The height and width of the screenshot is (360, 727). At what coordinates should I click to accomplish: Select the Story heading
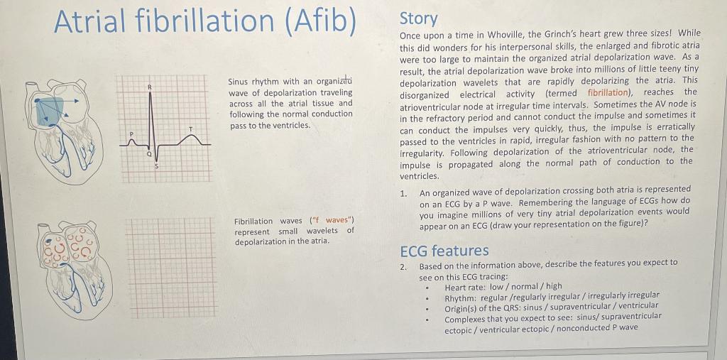pyautogui.click(x=419, y=18)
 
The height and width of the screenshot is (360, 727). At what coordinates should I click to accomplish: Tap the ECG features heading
pyautogui.click(x=444, y=251)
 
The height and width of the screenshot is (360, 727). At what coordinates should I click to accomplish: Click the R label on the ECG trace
pyautogui.click(x=150, y=86)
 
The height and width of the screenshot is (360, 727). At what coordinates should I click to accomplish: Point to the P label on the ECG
pyautogui.click(x=131, y=133)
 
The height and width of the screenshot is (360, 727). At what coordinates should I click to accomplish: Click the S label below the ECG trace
pyautogui.click(x=158, y=165)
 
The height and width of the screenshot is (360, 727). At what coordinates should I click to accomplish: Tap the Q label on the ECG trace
pyautogui.click(x=148, y=153)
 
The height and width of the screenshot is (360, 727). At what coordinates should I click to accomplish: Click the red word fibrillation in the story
pyautogui.click(x=608, y=92)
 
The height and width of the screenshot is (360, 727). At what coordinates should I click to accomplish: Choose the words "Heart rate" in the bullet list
pyautogui.click(x=465, y=287)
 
